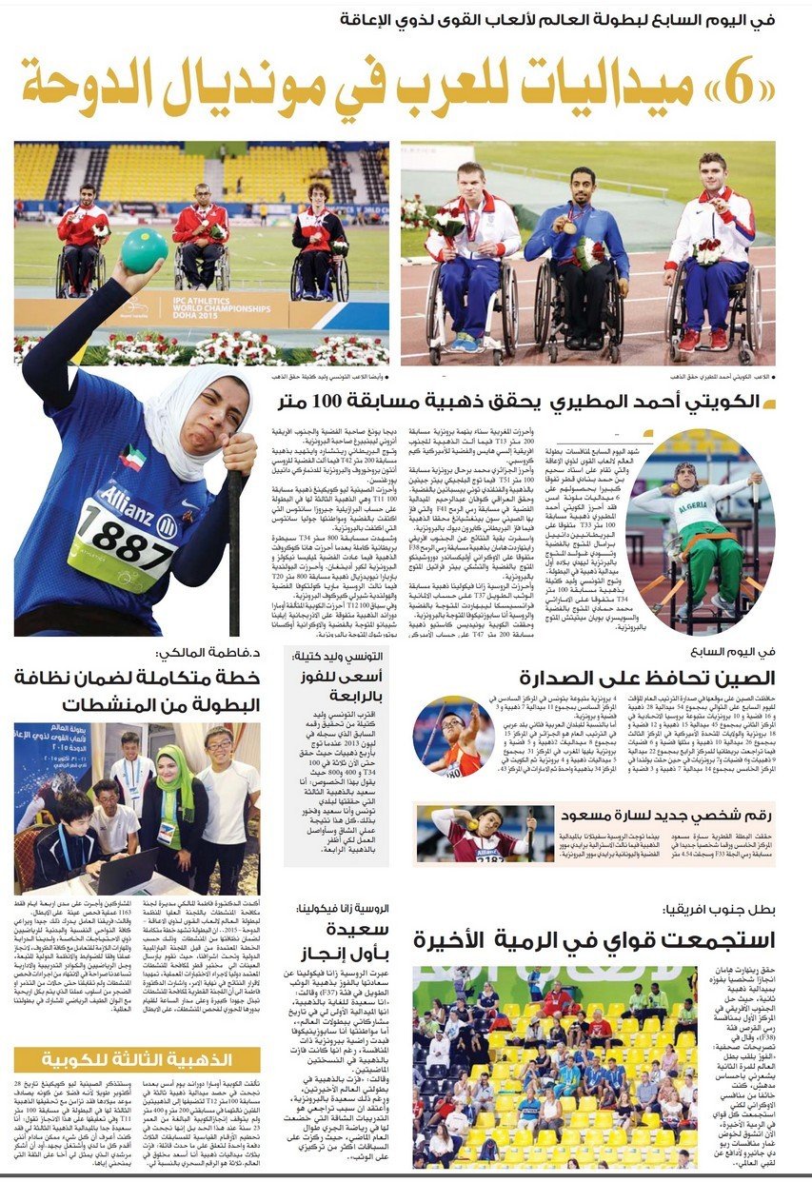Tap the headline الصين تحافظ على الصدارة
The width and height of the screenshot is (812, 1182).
tap(647, 678)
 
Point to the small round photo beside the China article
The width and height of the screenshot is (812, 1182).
tap(454, 738)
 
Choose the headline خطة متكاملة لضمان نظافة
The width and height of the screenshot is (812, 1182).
tap(137, 691)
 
